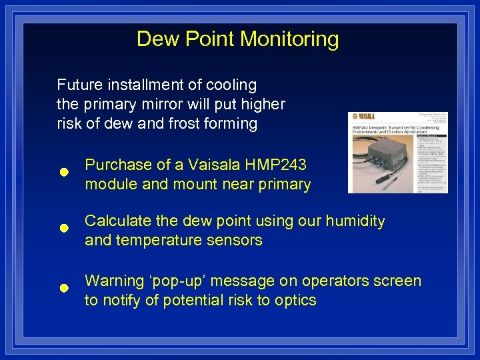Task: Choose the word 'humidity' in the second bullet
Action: point(355,221)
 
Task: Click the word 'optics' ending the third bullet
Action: point(296,300)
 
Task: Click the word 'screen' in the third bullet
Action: point(399,281)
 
